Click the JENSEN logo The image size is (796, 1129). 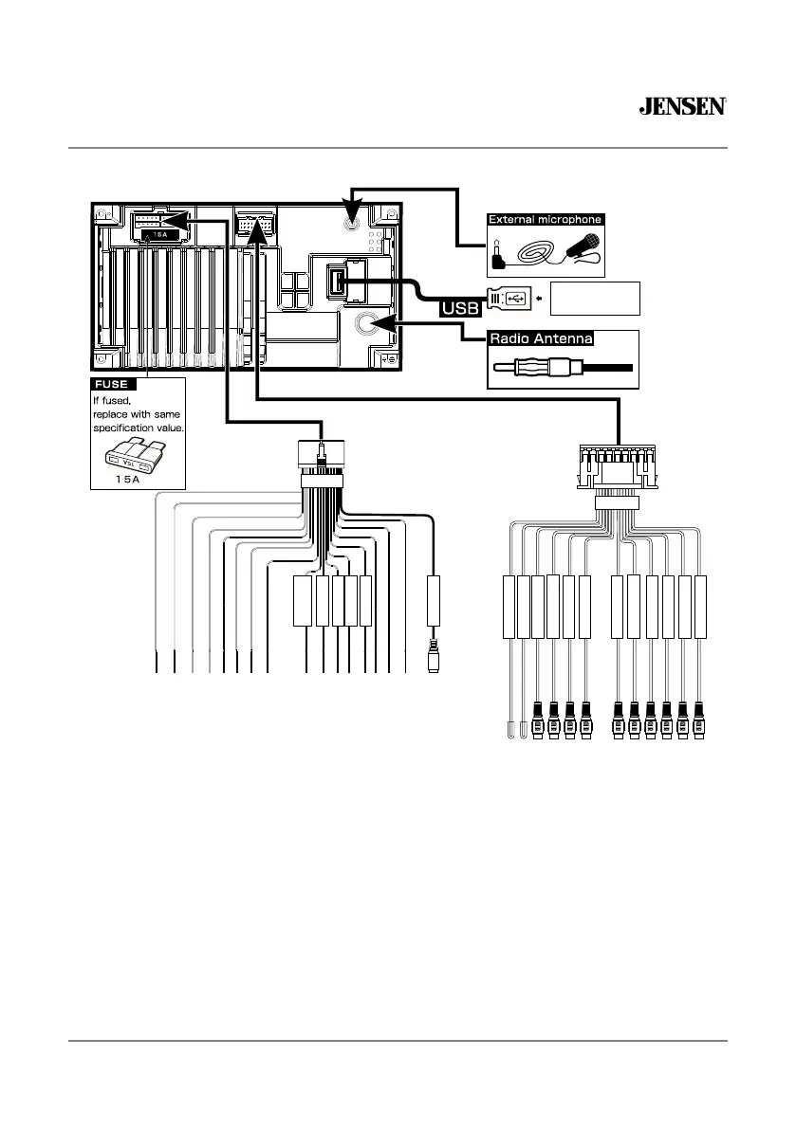coord(682,107)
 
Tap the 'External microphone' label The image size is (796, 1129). coord(545,220)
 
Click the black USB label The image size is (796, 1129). coord(458,309)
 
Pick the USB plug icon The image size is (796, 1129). coord(510,299)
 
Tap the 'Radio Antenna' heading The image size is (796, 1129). coord(540,337)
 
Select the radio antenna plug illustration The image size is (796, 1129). coord(560,369)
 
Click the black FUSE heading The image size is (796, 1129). coord(114,385)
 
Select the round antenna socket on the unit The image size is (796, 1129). coord(367,323)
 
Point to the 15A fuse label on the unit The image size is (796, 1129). coord(157,234)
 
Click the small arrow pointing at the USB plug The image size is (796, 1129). coord(539,299)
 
